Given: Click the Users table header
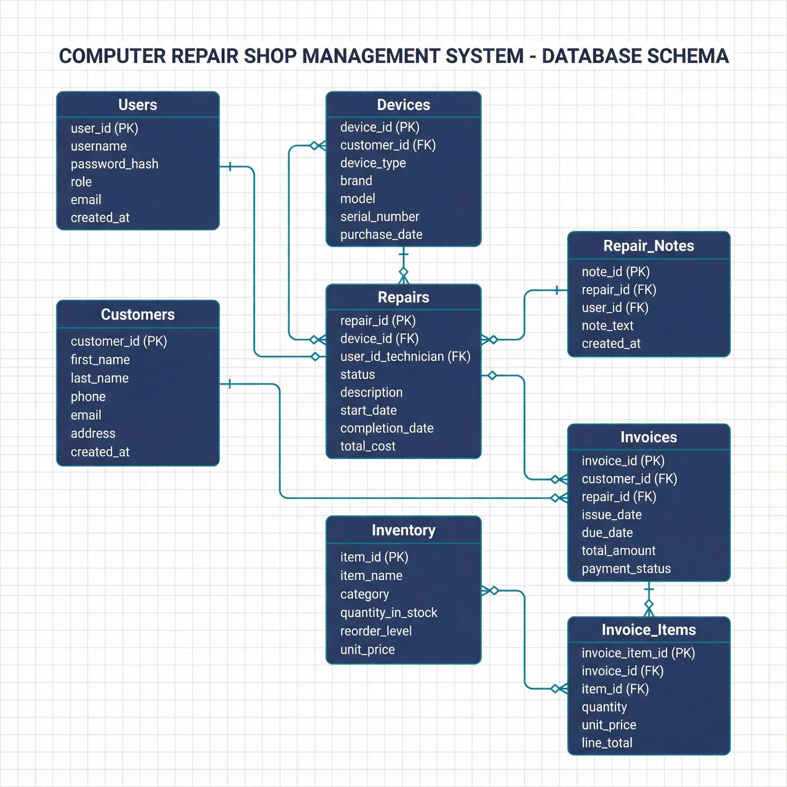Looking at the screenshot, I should click(x=138, y=105).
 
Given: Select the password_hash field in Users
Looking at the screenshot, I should click(x=115, y=164).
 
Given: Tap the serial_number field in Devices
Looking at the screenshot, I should click(x=380, y=216).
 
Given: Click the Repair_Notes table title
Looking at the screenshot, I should click(x=649, y=246).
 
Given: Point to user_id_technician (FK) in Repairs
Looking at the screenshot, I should click(x=405, y=357).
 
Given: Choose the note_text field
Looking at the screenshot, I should click(x=608, y=325).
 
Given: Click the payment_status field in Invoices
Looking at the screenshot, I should click(x=626, y=568).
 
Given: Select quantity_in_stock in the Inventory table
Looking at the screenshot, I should click(x=389, y=612).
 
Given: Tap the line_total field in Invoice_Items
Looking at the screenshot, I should click(x=607, y=742).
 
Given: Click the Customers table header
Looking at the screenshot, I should click(x=138, y=314).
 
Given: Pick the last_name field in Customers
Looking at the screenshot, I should click(x=100, y=378).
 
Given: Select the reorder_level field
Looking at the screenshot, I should click(x=376, y=631).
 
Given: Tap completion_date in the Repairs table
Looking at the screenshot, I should click(x=387, y=428).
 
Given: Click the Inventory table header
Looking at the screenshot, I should click(x=403, y=530).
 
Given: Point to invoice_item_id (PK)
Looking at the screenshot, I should click(x=638, y=653).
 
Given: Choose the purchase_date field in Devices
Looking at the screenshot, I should click(x=381, y=234).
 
